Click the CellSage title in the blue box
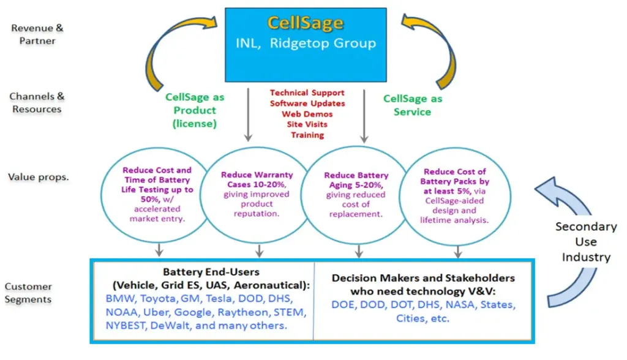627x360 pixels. click(305, 24)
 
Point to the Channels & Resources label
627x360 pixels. click(36, 103)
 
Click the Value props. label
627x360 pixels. click(38, 177)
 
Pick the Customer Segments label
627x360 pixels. click(28, 293)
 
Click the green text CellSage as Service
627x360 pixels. click(412, 105)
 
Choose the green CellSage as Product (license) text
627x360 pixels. click(195, 110)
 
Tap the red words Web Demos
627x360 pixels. click(307, 114)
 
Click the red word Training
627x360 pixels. click(307, 135)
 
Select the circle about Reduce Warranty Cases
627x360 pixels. click(257, 195)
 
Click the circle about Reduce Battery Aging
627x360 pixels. click(356, 195)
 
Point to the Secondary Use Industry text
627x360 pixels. click(585, 241)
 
